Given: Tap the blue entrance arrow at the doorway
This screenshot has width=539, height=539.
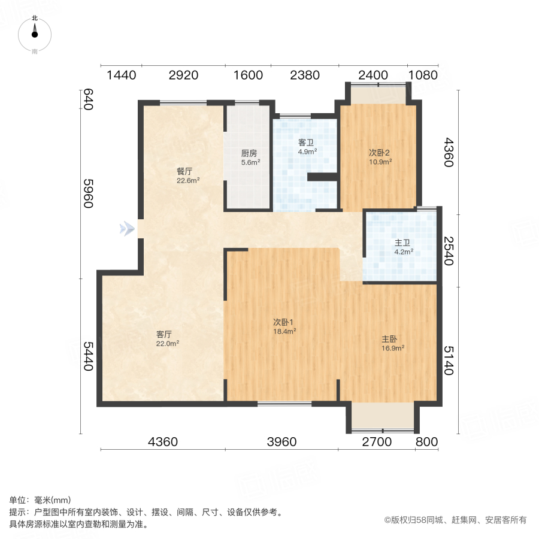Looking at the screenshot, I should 126,228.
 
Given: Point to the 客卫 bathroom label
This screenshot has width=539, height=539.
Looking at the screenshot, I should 307,143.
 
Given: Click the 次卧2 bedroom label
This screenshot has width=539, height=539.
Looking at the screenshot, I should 380,152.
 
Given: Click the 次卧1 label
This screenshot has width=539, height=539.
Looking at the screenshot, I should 284,322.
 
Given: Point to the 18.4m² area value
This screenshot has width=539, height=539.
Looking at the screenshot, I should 284,331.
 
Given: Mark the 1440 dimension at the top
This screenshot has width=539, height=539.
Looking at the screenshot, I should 122,75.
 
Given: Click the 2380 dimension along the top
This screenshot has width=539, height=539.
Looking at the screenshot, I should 305,75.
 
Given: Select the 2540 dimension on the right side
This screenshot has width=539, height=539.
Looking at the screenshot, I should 449,252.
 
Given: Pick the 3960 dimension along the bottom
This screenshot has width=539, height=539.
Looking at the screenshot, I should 281,442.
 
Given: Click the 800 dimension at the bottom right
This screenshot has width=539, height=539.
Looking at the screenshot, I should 426,442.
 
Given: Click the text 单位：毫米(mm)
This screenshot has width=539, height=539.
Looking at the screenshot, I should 40,501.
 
